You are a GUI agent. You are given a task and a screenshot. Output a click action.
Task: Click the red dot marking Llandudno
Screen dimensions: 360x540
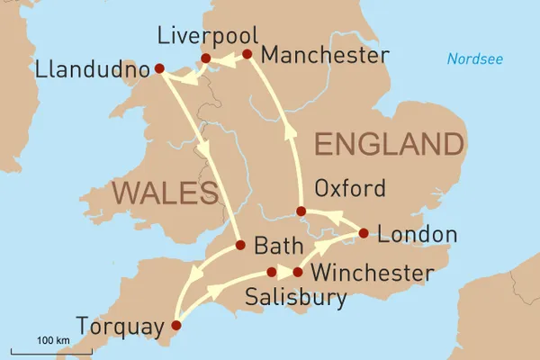pyautogui.click(x=159, y=68)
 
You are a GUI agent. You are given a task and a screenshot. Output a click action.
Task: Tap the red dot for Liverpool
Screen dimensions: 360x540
pyautogui.click(x=205, y=59)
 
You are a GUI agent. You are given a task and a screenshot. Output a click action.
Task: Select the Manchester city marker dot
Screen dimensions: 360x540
pyautogui.click(x=247, y=55)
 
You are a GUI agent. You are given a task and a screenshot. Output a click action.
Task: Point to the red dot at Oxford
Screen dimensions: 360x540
pyautogui.click(x=301, y=211)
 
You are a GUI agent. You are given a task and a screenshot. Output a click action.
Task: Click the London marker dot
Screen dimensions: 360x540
pyautogui.click(x=363, y=233)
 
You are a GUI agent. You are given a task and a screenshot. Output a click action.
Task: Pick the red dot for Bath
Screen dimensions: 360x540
pyautogui.click(x=239, y=245)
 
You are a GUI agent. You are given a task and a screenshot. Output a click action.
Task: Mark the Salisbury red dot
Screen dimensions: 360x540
pyautogui.click(x=272, y=272)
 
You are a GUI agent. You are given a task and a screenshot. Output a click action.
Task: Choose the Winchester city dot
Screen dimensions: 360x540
pyautogui.click(x=297, y=272)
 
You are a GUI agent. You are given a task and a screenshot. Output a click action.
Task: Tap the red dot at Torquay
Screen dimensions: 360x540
pyautogui.click(x=175, y=326)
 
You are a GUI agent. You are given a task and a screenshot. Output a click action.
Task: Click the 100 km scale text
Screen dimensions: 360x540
pyautogui.click(x=53, y=339)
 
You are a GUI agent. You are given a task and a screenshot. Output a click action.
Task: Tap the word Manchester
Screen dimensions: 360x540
pyautogui.click(x=324, y=56)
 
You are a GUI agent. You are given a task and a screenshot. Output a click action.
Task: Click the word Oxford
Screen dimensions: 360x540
pyautogui.click(x=350, y=189)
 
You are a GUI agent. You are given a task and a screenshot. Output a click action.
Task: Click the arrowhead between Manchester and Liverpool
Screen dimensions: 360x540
pyautogui.click(x=226, y=58)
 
